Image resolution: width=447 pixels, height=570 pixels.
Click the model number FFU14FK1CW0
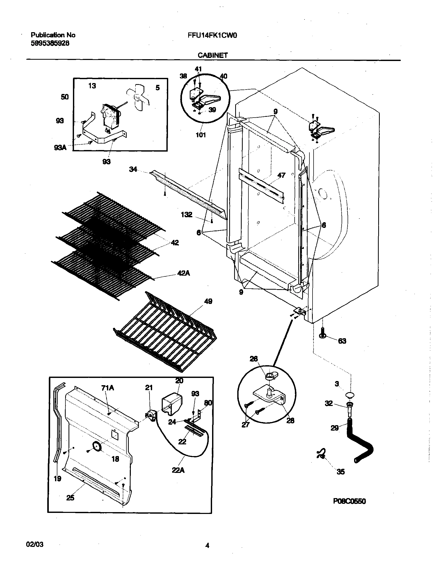pos(212,36)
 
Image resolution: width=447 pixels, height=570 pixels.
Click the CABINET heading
pos(213,55)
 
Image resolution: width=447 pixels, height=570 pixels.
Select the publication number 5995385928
pos(50,43)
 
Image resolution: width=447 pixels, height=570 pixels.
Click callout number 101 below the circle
pos(201,135)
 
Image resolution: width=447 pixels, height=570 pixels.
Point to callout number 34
pos(133,169)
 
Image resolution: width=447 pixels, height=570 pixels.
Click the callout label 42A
pos(184,273)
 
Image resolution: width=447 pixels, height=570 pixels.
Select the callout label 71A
pos(107,388)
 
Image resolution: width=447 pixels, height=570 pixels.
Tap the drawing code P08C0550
pos(349,501)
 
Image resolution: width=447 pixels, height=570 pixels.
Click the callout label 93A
pos(60,148)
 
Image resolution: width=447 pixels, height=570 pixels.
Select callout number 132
pos(186,215)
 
